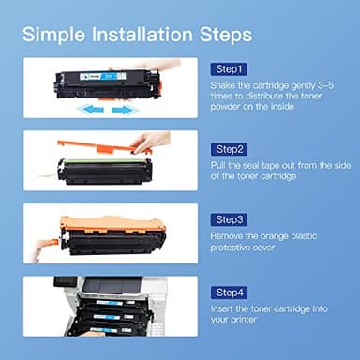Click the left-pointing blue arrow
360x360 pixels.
[88, 109]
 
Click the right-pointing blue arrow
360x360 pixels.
[125, 109]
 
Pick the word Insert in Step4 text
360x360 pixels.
[222, 310]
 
